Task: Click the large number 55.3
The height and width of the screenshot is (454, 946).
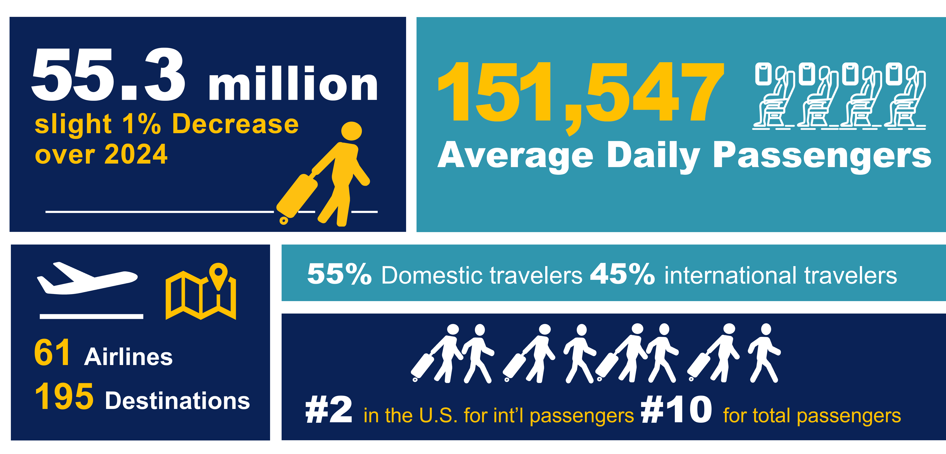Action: [x=108, y=75]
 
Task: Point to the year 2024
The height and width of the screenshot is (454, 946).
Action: [x=136, y=154]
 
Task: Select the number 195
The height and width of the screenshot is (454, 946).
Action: [x=64, y=397]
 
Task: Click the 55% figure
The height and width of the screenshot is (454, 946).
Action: [x=339, y=274]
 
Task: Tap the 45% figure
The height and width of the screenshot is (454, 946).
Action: [x=622, y=274]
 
